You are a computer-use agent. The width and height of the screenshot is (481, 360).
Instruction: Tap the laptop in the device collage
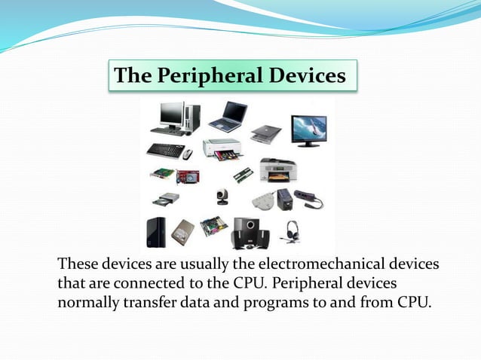pos(228,115)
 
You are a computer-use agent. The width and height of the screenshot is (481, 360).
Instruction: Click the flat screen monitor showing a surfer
pos(309,130)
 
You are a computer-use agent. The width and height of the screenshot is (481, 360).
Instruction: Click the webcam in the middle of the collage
pos(222,197)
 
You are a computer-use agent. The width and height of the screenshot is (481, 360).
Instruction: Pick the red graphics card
pos(188,175)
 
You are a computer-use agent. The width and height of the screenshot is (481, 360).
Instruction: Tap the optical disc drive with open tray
pos(166,200)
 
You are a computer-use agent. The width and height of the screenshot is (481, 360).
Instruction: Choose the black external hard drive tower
pos(156,232)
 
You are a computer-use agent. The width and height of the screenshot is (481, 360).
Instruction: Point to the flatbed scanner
pos(266,133)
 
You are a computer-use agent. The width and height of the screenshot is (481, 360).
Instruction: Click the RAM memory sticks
pos(242,175)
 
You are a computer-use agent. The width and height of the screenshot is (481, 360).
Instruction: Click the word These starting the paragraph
pos(78,265)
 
